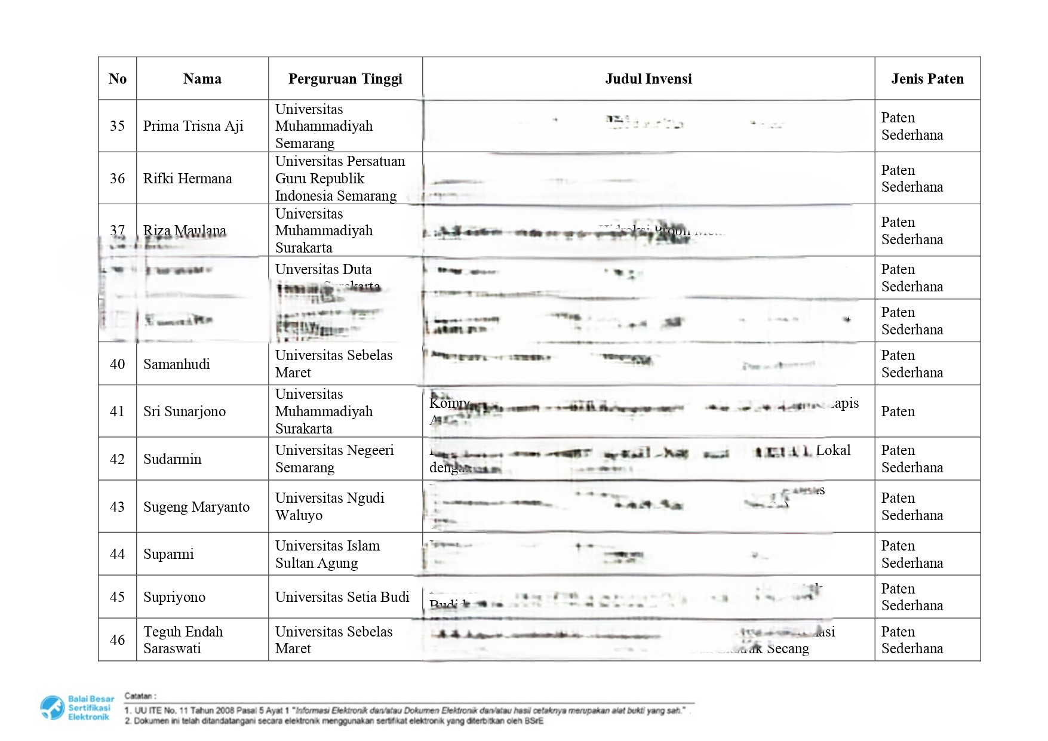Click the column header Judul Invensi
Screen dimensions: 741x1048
(x=648, y=79)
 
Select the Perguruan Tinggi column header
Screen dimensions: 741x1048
(x=345, y=79)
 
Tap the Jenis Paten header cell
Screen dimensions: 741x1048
(x=927, y=79)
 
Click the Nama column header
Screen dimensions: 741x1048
(x=202, y=79)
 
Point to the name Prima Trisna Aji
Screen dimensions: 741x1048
(x=193, y=126)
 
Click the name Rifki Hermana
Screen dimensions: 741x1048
(x=187, y=179)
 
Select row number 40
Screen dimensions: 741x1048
(x=117, y=364)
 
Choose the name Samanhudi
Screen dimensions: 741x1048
(x=176, y=364)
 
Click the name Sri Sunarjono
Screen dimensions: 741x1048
(x=184, y=411)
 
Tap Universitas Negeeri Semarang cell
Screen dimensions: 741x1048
(x=334, y=459)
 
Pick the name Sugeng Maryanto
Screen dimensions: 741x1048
(x=196, y=507)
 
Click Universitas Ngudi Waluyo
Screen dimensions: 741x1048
(x=329, y=506)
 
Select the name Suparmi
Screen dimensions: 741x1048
(x=168, y=554)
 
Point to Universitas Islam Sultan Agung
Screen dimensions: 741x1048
(x=327, y=554)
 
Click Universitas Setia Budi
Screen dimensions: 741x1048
(x=342, y=597)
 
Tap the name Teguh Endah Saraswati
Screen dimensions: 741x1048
(x=183, y=640)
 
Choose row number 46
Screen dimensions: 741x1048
(x=117, y=640)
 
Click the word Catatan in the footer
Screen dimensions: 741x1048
(x=140, y=696)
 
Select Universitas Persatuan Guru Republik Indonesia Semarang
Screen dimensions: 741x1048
(x=339, y=179)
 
